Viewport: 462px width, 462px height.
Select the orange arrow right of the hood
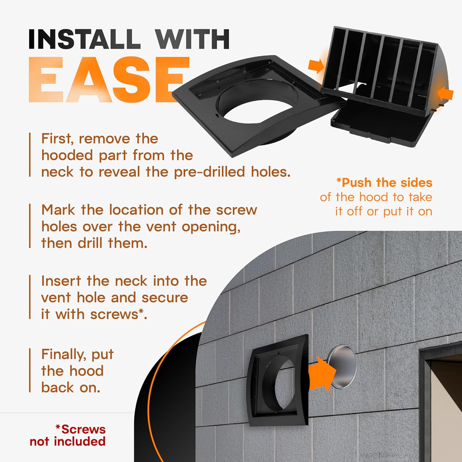445,94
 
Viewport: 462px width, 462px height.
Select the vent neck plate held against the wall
279,380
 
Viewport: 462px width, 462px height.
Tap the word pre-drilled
210,172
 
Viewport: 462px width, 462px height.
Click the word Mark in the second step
58,210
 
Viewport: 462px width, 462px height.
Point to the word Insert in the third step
61,281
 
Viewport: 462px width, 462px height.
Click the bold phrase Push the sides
387,183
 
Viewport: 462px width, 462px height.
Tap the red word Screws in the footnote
83,429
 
